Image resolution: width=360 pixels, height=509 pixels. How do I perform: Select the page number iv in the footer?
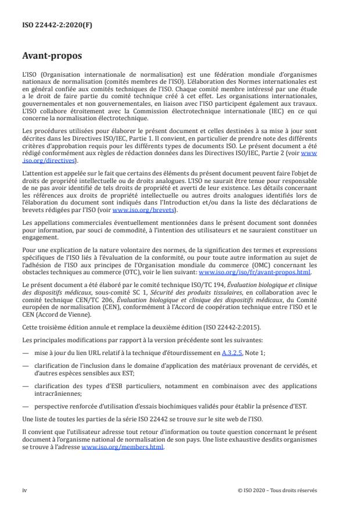[x=25, y=490]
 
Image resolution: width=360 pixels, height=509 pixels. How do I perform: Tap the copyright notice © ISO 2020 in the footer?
[x=277, y=490]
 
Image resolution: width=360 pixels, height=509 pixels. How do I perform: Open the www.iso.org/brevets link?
[x=140, y=210]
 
